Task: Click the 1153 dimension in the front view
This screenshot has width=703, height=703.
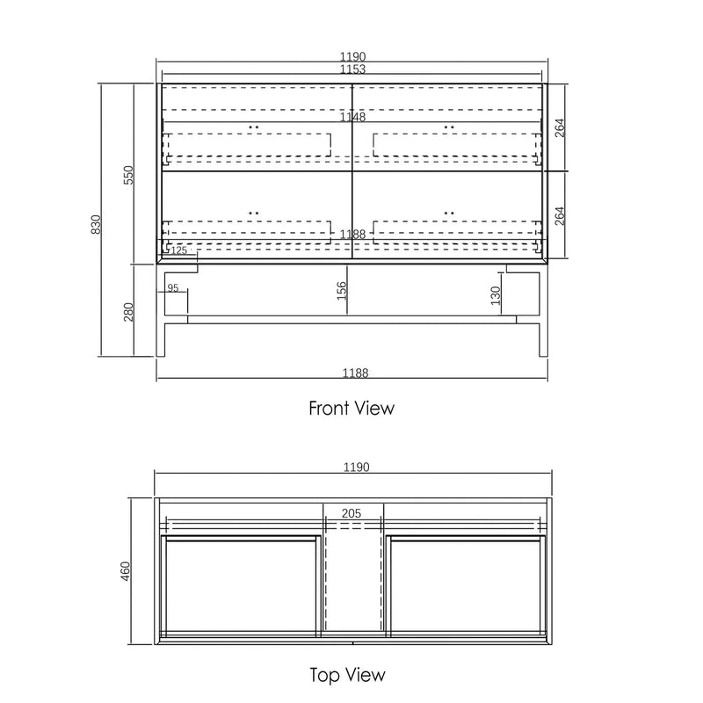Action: pyautogui.click(x=351, y=69)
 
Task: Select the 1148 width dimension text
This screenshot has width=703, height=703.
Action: pyautogui.click(x=351, y=116)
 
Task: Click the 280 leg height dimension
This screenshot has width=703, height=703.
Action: pyautogui.click(x=128, y=311)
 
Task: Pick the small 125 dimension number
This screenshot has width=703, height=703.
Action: pyautogui.click(x=179, y=250)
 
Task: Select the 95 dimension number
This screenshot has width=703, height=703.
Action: pyautogui.click(x=172, y=287)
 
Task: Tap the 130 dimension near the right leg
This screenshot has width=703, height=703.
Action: pyautogui.click(x=495, y=294)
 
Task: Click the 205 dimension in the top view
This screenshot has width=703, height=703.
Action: pyautogui.click(x=352, y=513)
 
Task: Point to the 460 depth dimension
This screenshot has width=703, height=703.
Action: pyautogui.click(x=125, y=571)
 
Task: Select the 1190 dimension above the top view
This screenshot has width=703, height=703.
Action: pyautogui.click(x=351, y=467)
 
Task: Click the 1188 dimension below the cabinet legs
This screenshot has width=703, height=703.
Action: pyautogui.click(x=351, y=373)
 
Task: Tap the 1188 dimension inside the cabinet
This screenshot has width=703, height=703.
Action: pyautogui.click(x=351, y=235)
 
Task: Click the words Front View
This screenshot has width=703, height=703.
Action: pyautogui.click(x=351, y=408)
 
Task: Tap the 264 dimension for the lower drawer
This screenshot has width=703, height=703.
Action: pyautogui.click(x=560, y=216)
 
